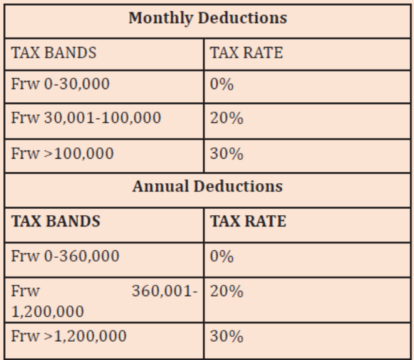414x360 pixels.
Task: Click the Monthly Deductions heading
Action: click(208, 18)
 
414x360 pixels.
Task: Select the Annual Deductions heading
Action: click(208, 186)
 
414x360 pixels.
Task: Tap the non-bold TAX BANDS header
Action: click(53, 53)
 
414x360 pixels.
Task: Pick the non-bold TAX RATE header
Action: click(247, 53)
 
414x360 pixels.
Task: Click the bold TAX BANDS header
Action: click(56, 221)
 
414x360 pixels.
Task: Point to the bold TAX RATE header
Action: click(248, 221)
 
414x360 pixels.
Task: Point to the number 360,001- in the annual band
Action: click(165, 291)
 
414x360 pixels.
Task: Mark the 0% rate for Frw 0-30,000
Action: click(222, 85)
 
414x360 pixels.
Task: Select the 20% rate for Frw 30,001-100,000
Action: click(226, 118)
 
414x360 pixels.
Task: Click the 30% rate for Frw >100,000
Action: click(226, 154)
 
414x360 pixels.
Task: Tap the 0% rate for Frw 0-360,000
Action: click(222, 257)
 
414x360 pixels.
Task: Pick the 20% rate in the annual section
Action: click(226, 292)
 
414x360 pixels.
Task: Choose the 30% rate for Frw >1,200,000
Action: click(226, 337)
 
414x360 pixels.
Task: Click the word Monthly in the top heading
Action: click(161, 18)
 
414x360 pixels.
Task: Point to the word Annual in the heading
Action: click(161, 186)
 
